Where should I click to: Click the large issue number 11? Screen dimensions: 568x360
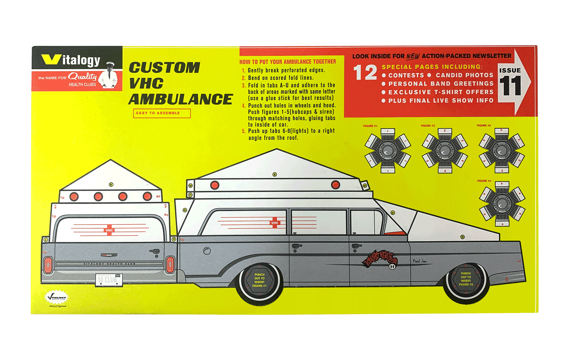click(x=510, y=86)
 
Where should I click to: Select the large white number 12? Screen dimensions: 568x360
click(x=365, y=73)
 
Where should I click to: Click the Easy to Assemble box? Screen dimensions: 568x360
click(x=162, y=113)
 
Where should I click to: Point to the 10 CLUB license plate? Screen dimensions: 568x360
click(x=108, y=280)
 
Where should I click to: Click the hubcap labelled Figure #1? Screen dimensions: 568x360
click(x=387, y=151)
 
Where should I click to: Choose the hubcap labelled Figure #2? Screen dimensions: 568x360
click(x=445, y=150)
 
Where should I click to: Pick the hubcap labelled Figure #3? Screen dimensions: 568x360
click(x=502, y=150)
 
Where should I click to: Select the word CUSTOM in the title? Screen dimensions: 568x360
click(x=164, y=68)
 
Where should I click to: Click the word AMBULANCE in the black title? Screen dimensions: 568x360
click(x=181, y=99)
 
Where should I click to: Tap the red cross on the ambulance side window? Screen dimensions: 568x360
click(x=275, y=223)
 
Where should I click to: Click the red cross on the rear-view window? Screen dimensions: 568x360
click(x=109, y=230)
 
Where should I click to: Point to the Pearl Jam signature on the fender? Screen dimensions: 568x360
click(x=420, y=261)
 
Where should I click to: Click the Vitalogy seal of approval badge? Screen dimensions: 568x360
click(x=57, y=298)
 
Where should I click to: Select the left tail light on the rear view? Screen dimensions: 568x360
click(x=48, y=265)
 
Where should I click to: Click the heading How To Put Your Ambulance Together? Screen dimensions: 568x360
click(x=287, y=62)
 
